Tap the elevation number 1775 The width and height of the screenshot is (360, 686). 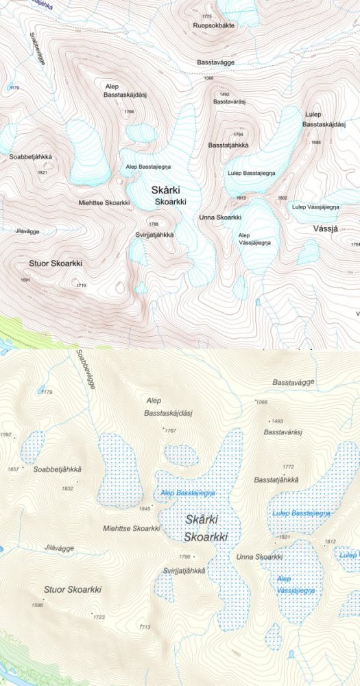[x=206, y=16]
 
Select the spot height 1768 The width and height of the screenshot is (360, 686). [x=129, y=111]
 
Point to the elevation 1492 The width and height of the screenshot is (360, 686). [x=224, y=94]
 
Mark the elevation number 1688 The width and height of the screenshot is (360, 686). [x=316, y=142]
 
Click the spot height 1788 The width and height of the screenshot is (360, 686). [x=154, y=224]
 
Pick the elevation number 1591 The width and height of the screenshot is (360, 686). [x=26, y=280]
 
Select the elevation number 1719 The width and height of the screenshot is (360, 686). [x=82, y=285]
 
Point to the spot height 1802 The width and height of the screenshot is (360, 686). [x=282, y=198]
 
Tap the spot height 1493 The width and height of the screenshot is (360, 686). [x=277, y=421]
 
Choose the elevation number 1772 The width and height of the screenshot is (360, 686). [x=288, y=466]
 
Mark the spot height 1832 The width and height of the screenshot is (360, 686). [x=67, y=488]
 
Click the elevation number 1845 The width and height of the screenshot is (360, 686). [x=144, y=508]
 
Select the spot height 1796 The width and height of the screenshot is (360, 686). [x=184, y=556]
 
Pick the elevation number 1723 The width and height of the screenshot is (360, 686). [x=99, y=617]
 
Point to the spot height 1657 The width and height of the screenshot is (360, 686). [x=12, y=469]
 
